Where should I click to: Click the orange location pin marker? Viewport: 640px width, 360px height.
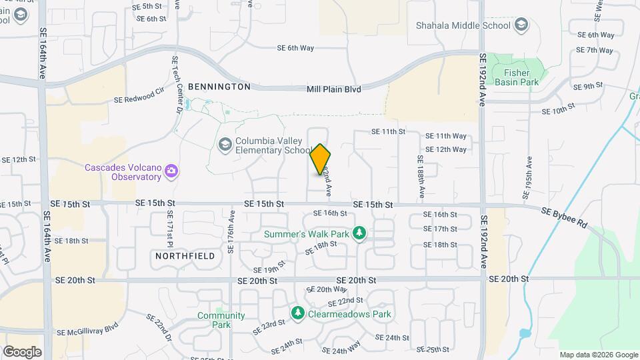tap(321, 159)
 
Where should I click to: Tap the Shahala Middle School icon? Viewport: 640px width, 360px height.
tap(521, 26)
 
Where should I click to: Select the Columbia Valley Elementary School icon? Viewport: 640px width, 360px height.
tap(225, 144)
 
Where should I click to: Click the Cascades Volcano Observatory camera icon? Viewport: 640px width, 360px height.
tap(172, 172)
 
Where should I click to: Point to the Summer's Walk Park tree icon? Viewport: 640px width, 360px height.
tap(360, 233)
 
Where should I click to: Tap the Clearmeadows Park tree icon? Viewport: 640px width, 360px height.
tap(298, 313)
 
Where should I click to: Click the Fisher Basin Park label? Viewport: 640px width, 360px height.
tap(517, 78)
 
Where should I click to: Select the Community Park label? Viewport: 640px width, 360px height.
tap(212, 320)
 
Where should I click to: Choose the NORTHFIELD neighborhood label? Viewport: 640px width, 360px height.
tap(185, 256)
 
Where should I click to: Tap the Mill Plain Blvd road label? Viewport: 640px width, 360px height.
tap(333, 89)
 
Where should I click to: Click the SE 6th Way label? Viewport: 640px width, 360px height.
tap(295, 48)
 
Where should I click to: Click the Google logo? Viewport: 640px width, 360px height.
tap(22, 351)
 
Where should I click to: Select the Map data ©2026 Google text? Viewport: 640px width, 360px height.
tap(597, 355)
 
